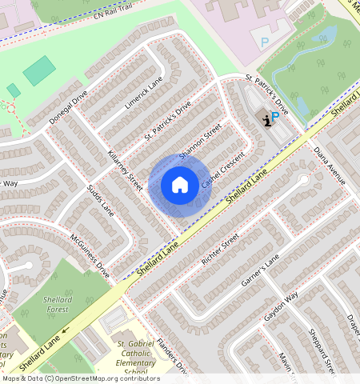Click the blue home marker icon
180,186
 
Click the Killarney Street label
124,170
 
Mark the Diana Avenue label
329,165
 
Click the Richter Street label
221,250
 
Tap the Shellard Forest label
58,305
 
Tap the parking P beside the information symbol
274,117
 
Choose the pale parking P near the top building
265,41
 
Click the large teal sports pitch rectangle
39,71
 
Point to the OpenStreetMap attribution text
81,378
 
